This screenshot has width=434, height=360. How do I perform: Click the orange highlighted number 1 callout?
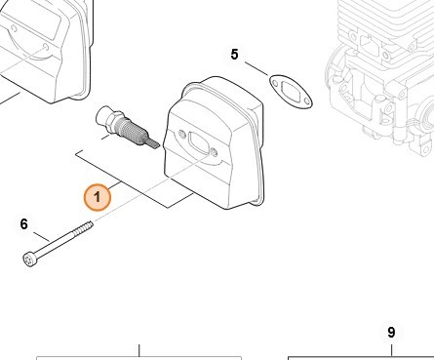tap(97, 197)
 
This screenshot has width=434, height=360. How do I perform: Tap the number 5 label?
tap(234, 55)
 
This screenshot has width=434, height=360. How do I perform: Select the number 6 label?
tap(24, 224)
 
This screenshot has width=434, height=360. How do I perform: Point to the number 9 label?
tap(391, 332)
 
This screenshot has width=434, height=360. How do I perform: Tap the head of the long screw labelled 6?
tap(30, 260)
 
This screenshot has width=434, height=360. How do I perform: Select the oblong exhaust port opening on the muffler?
tap(198, 143)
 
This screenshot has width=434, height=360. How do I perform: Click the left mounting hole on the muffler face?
tap(182, 134)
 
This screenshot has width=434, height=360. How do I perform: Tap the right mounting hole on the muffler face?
tap(214, 152)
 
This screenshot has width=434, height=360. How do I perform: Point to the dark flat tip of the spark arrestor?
tap(153, 143)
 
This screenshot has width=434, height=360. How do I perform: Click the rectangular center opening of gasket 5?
tap(290, 90)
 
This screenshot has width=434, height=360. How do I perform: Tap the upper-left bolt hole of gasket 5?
tap(274, 80)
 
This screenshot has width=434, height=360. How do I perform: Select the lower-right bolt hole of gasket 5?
tap(306, 102)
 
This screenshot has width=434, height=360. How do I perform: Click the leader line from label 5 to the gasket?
tap(256, 69)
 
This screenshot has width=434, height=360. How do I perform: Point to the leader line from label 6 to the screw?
tap(42, 237)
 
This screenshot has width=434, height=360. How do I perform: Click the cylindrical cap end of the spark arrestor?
tap(104, 115)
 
